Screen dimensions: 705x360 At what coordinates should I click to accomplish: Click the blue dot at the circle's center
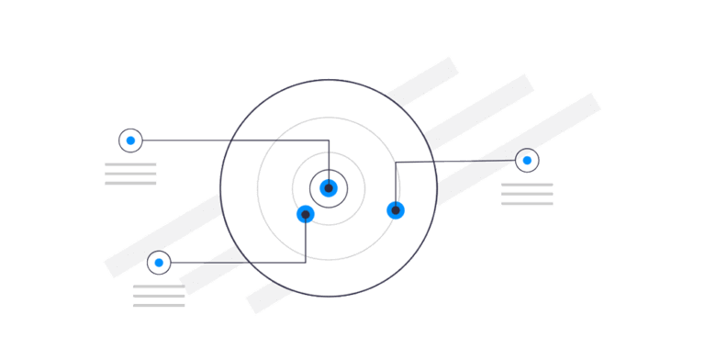coord(329,188)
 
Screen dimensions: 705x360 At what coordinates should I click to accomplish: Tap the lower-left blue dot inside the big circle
coord(306,214)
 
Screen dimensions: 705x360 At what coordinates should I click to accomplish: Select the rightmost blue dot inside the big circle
coord(396,210)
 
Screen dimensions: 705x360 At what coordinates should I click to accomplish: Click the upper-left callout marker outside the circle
coord(130,141)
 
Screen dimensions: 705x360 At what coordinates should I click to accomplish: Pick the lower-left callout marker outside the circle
coord(159,263)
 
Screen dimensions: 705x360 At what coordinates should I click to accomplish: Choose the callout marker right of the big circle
coord(527,160)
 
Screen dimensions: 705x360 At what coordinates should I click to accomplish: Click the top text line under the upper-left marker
coord(130,164)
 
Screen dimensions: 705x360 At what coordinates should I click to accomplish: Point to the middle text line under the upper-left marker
coord(130,174)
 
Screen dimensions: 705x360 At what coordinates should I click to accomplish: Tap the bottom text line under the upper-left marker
coord(130,183)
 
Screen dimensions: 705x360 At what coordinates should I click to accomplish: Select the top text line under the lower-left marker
coord(159,287)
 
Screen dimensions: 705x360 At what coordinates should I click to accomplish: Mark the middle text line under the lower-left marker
coord(159,296)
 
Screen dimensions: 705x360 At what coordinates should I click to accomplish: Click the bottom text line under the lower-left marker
coord(159,305)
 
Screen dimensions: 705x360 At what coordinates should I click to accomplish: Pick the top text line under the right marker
coord(527,185)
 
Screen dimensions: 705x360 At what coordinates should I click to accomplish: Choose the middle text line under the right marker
coord(527,194)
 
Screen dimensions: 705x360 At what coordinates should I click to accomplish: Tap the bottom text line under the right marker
coord(527,203)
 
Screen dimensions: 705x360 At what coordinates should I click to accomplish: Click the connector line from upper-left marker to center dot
coord(229,141)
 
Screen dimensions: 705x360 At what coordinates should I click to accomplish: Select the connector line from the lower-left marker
coord(239,263)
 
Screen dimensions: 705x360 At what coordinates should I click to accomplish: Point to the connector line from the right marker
coord(459,162)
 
